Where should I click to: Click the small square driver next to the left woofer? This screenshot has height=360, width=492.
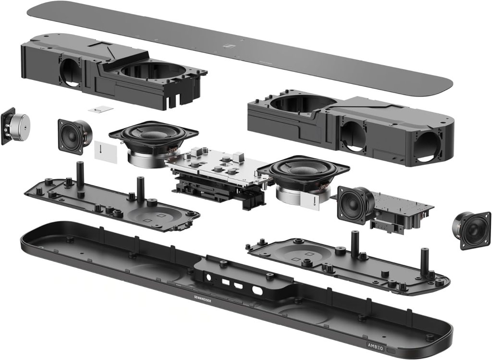pos(74,135)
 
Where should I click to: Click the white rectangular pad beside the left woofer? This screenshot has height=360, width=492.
pos(106,152)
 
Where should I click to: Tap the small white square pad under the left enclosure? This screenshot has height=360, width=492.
pos(101,109)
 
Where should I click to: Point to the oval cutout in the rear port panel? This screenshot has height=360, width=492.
pos(258,291)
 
